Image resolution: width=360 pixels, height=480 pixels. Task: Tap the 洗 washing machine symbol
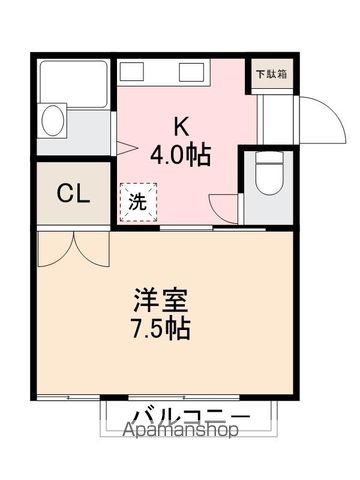tap(138, 200)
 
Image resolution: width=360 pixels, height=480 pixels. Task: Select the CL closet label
tap(73, 193)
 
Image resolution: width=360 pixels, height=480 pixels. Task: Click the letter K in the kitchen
tap(181, 127)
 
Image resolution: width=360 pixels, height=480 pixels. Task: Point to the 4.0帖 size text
tap(180, 155)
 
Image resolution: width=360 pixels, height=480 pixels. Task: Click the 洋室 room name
tap(163, 299)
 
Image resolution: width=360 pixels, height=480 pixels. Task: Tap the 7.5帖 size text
tap(163, 327)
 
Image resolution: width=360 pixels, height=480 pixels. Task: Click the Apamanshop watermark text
tap(180, 431)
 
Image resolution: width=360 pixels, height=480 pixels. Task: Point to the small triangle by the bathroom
tap(121, 148)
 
